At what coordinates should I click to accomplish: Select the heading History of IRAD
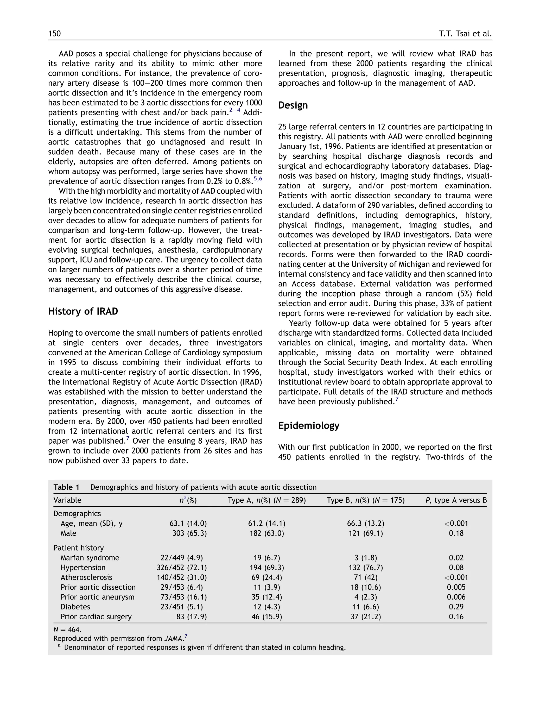coord(83,311)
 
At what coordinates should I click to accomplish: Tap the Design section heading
coord(293,105)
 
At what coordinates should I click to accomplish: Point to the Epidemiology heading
coord(308,426)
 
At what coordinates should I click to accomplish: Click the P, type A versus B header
coord(456,500)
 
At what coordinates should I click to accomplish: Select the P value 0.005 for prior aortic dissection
coord(456,587)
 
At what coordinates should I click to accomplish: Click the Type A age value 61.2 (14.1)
coord(266,523)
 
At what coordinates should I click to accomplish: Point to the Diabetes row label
coord(75,607)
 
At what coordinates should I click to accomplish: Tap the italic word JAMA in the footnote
coord(173,638)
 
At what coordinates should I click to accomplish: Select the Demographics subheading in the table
coord(77,514)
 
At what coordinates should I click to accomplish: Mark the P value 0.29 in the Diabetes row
coord(456,607)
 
